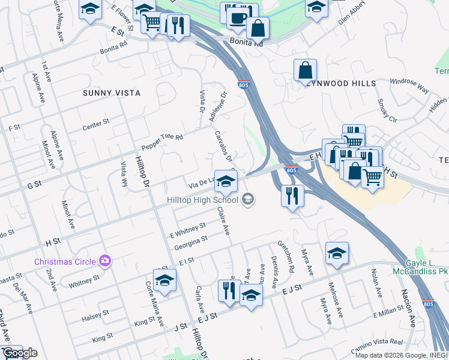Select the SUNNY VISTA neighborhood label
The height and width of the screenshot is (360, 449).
(112, 93)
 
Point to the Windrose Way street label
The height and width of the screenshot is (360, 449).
(409, 86)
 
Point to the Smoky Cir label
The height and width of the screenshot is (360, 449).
(387, 111)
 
